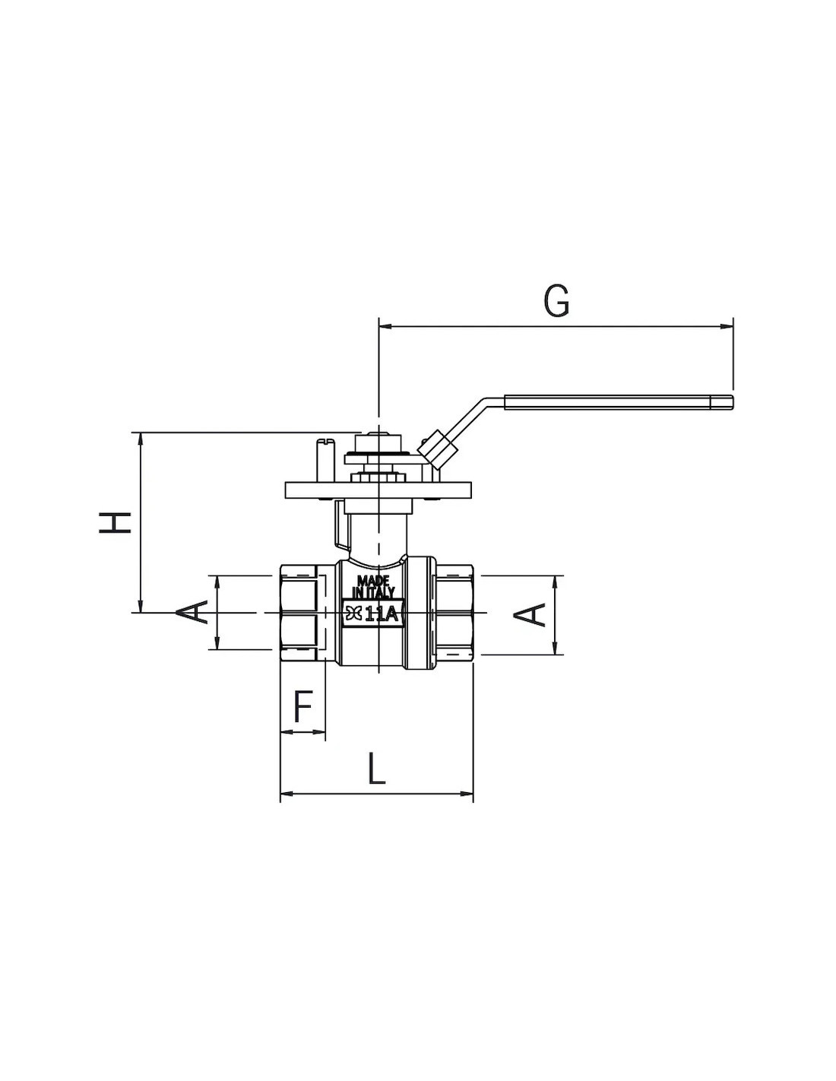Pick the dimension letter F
tap(303, 706)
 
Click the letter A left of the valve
tap(192, 612)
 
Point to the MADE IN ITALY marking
tap(373, 587)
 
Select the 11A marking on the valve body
tap(382, 615)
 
